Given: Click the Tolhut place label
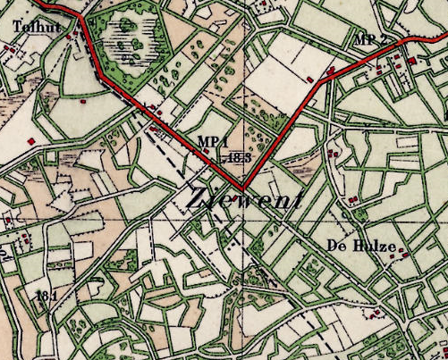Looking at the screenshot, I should [x=35, y=26].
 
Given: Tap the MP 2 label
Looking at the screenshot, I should [x=370, y=40].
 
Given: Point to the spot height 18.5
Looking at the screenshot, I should [x=237, y=157].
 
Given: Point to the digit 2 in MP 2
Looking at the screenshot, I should [x=383, y=40].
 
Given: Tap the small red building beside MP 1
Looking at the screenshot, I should [x=207, y=151].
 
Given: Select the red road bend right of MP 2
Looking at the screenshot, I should [x=408, y=39].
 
